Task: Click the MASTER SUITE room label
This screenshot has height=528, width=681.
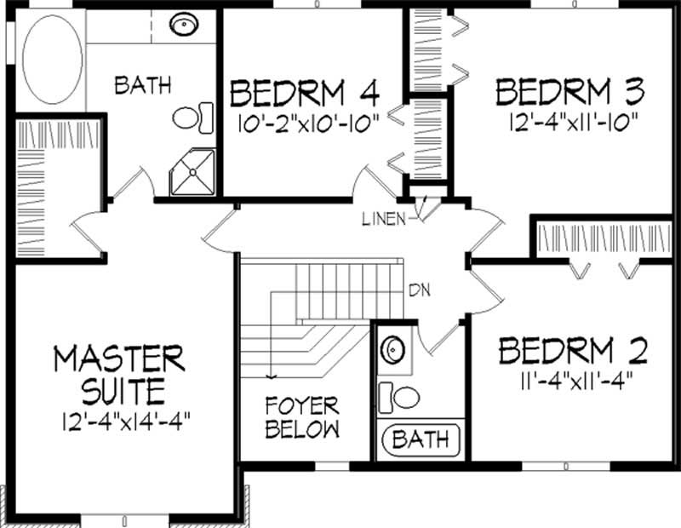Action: click(x=118, y=374)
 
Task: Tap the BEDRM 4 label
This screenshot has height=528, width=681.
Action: click(x=304, y=91)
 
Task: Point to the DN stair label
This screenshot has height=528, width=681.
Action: click(x=419, y=290)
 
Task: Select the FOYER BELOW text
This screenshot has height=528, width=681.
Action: click(x=301, y=416)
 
